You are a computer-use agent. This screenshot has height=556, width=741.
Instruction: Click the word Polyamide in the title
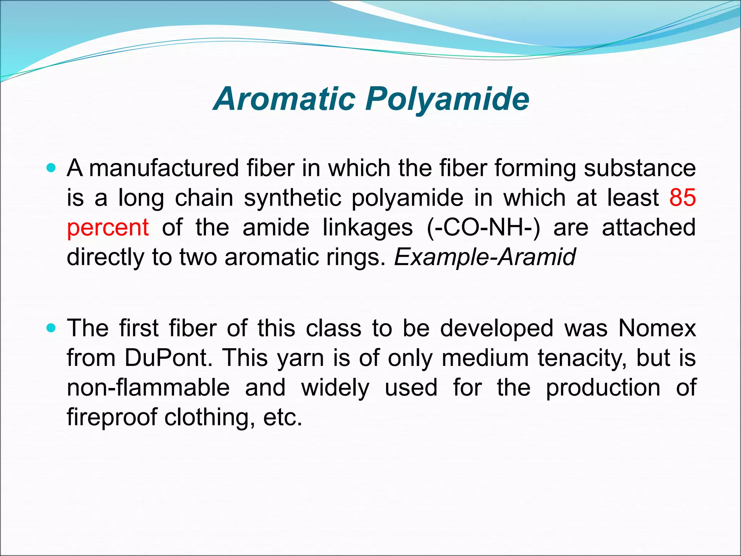click(447, 99)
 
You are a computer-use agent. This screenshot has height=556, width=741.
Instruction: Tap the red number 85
click(682, 198)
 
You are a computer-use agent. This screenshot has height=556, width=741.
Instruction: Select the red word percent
click(108, 228)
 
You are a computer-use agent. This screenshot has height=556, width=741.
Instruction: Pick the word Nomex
click(657, 328)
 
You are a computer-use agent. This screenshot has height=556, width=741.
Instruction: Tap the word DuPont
click(168, 358)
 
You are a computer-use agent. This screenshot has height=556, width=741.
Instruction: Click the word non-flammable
click(148, 388)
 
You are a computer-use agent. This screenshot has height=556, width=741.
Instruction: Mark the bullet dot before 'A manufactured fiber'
click(51, 168)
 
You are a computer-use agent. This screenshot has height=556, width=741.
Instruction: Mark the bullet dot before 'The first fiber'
click(51, 328)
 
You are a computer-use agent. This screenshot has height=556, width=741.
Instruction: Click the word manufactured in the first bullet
click(164, 168)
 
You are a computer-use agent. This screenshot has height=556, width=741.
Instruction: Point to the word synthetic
click(292, 198)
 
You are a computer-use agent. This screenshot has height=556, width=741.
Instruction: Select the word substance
click(640, 168)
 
